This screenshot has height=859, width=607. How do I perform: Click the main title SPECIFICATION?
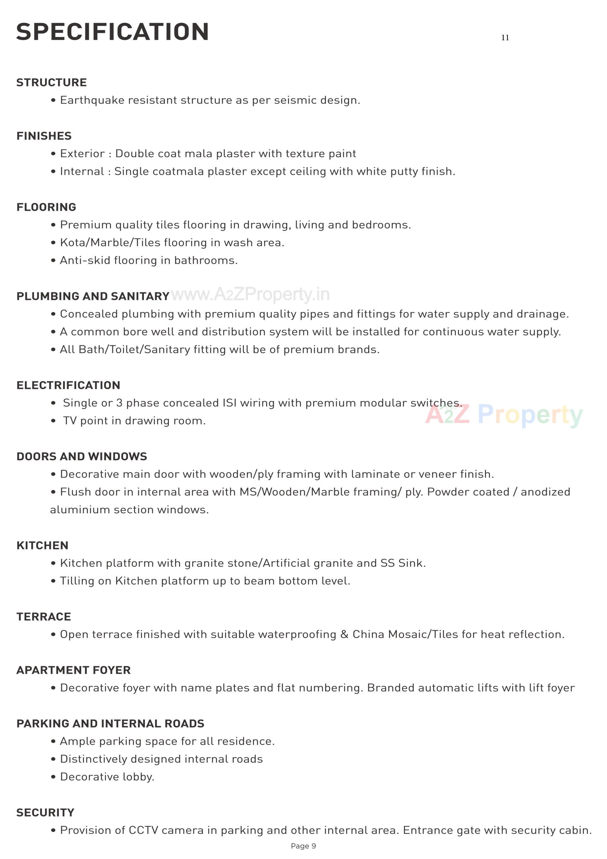coord(112,32)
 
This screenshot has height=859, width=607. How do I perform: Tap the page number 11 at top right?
coord(505,38)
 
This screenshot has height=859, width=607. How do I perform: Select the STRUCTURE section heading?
coord(52,83)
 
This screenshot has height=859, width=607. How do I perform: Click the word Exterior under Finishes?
coord(82,154)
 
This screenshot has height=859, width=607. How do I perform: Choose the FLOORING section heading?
coord(46,207)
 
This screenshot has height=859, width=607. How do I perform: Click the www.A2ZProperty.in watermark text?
coord(251,295)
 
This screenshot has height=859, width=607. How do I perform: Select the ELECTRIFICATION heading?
coord(68,385)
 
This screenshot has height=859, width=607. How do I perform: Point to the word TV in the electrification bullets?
coord(70,421)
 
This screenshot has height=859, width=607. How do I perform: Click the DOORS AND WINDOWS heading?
coord(82,456)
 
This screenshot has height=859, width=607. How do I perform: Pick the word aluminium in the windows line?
coord(80,510)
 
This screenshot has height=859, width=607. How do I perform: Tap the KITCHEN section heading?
coord(43,546)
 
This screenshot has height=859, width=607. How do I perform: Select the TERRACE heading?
coord(44,616)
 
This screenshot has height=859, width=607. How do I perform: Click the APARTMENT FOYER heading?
coord(74,670)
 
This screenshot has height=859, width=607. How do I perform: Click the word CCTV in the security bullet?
coord(143,830)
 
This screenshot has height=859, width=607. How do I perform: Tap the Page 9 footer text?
coord(303,846)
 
